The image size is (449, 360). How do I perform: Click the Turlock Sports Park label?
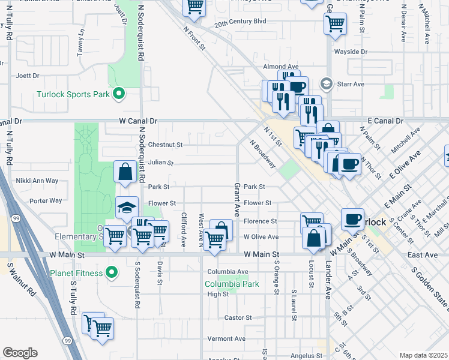pos(73,94)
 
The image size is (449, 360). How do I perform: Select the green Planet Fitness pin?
pos(111,273)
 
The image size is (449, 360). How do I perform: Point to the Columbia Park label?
pos(232,284)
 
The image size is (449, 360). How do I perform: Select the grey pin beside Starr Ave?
pos(327,83)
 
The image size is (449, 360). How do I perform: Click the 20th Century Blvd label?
pos(240,22)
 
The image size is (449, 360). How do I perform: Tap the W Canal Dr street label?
pos(138,121)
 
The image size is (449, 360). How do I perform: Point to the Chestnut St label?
pos(165,145)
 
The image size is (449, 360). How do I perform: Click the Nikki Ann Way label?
pos(37,181)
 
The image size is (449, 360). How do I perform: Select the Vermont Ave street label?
pos(227,338)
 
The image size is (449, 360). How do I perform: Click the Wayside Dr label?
pos(350,52)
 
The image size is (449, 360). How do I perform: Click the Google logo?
pos(20,353)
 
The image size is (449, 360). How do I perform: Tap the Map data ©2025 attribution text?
pos(423,355)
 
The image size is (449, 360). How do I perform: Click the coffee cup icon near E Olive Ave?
pos(349,163)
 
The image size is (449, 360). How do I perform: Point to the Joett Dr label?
pos(28,76)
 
